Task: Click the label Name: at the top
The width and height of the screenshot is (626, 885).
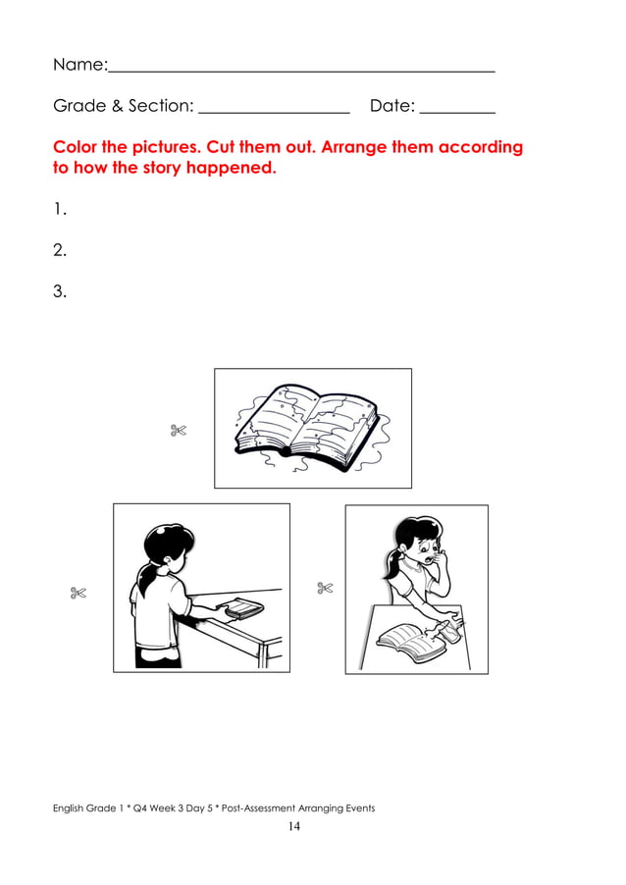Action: [x=79, y=65]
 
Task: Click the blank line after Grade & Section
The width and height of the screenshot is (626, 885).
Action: [x=274, y=113]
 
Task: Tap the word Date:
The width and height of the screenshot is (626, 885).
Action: [x=392, y=106]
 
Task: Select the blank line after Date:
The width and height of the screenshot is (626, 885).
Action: [x=457, y=113]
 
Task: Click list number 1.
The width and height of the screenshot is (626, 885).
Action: [x=60, y=208]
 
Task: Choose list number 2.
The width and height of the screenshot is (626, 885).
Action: [x=60, y=250]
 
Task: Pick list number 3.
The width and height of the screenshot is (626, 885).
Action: [x=60, y=291]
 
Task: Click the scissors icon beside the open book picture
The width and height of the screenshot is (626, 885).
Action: [x=178, y=429]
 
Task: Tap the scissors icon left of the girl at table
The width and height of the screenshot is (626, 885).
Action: [x=78, y=592]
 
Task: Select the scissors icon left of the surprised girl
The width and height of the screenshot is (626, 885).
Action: [x=326, y=588]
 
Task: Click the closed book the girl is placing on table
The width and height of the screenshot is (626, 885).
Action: [x=240, y=610]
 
